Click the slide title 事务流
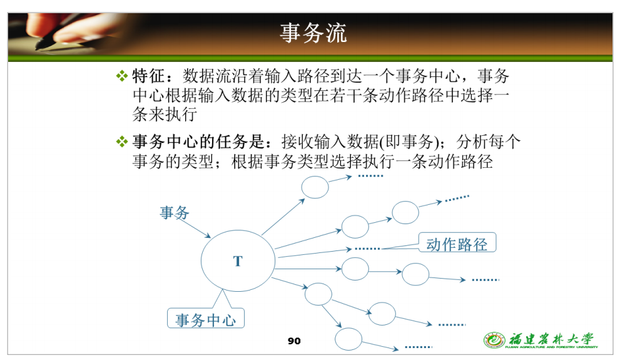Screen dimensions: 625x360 (313, 33)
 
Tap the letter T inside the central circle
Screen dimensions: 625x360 (238, 261)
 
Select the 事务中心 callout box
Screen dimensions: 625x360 (206, 318)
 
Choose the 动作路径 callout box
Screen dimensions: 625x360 (457, 242)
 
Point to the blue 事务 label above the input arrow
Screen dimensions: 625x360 (174, 212)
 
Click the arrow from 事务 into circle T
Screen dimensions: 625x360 (193, 229)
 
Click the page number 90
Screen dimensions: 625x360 (294, 341)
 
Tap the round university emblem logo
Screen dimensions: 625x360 (494, 340)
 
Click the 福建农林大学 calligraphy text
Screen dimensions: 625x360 (551, 339)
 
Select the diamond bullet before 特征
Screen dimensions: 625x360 (122, 75)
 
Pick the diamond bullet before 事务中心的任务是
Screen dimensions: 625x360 (122, 141)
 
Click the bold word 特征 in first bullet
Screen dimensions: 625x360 (148, 75)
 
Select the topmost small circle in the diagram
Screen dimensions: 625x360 (315, 187)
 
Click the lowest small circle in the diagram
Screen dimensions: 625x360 (348, 339)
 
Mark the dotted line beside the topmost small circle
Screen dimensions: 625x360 (371, 176)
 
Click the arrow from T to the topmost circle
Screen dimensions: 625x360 (283, 217)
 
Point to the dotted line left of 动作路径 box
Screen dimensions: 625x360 (367, 249)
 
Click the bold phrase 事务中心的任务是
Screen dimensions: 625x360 (198, 141)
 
